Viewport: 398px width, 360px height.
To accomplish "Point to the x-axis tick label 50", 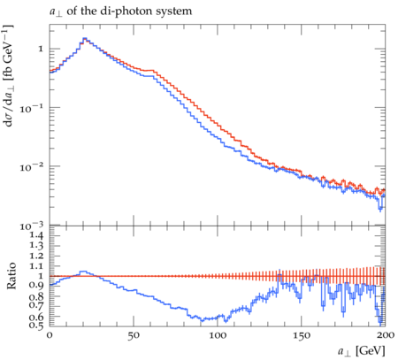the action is [x=134, y=335].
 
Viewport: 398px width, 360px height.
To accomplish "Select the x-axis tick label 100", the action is [x=218, y=335].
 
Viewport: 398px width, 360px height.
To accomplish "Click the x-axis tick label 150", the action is [x=302, y=335].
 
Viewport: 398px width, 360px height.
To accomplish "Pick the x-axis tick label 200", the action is [x=385, y=335].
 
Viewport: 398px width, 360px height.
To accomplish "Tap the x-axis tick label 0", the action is [x=50, y=335].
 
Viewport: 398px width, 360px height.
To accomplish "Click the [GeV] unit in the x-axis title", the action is [x=371, y=351].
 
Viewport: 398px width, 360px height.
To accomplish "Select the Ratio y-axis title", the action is [x=11, y=276].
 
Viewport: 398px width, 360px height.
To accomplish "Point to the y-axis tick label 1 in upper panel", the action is [x=41, y=49].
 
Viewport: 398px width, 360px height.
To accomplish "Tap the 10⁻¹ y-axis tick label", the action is [x=31, y=108].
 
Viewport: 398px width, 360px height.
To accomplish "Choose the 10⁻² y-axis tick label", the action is [x=31, y=167].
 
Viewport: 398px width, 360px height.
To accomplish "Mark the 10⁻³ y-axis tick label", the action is [x=31, y=226].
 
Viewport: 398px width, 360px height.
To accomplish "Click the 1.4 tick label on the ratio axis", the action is [x=36, y=235].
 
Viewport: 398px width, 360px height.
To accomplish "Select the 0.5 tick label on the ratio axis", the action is [x=36, y=325].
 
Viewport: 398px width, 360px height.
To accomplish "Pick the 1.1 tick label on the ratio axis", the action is [x=36, y=266].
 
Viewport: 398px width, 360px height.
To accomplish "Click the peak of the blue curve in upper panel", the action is [x=85, y=38].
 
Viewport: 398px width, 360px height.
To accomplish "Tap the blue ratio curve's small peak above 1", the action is [x=84, y=272].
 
